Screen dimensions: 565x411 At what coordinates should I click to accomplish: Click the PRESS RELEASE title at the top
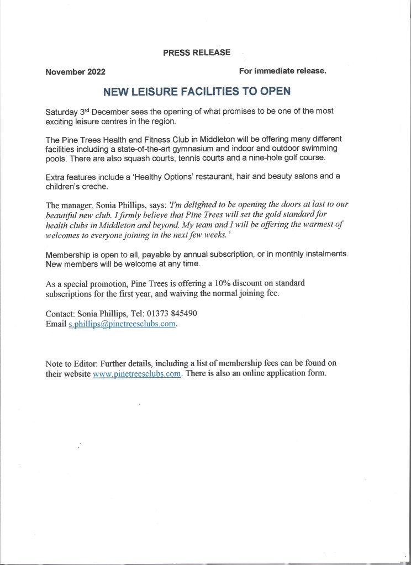pos(197,52)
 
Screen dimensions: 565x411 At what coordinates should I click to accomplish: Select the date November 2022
pos(76,72)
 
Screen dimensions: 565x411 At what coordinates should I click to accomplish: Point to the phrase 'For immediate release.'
pos(283,71)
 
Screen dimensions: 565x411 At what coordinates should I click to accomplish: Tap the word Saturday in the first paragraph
pos(64,111)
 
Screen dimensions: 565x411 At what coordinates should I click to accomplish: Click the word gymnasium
pos(207,149)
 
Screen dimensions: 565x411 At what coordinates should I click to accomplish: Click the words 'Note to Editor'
pos(73,363)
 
